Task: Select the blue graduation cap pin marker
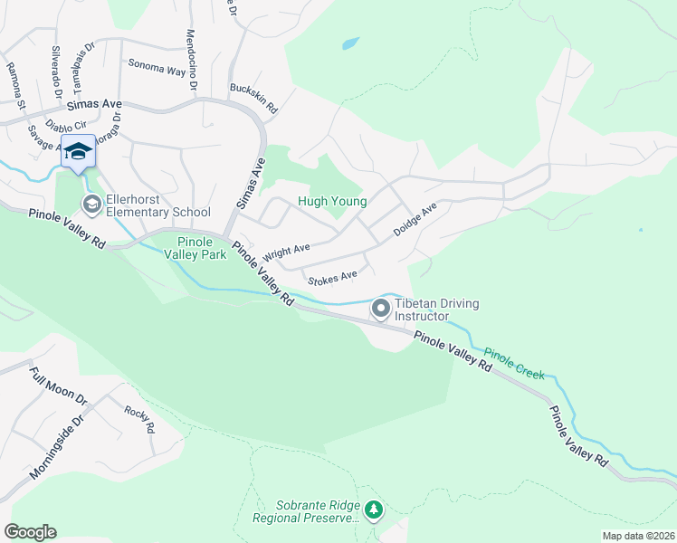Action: click(x=78, y=152)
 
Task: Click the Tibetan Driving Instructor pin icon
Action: click(x=381, y=310)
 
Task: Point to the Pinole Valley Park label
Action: click(x=195, y=248)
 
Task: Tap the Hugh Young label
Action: click(x=332, y=202)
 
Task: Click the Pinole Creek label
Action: click(x=514, y=363)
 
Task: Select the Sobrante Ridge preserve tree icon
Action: click(x=374, y=511)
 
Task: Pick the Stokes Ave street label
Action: click(x=332, y=275)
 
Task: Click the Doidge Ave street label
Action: click(x=415, y=220)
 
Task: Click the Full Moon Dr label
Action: click(x=57, y=386)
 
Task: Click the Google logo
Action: click(x=30, y=532)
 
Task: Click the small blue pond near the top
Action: click(x=350, y=43)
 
